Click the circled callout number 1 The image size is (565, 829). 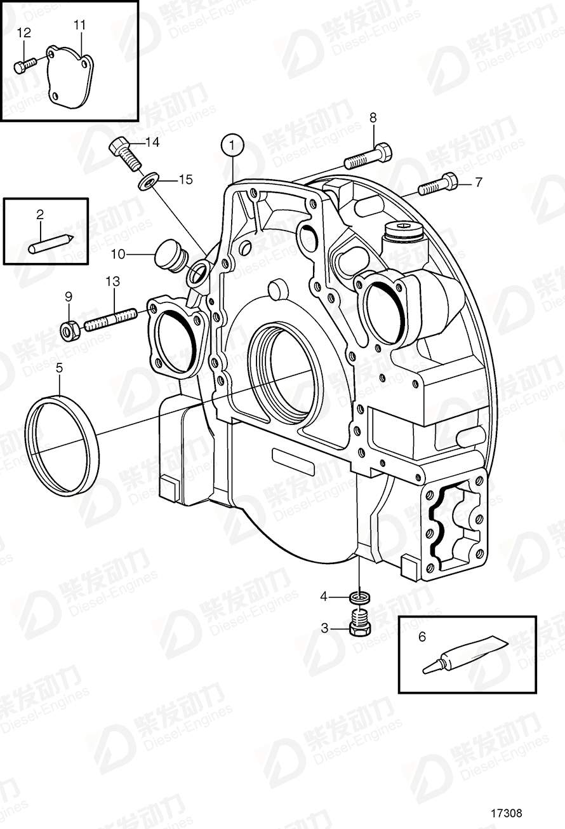pyautogui.click(x=232, y=145)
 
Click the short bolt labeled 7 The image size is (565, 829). pyautogui.click(x=439, y=184)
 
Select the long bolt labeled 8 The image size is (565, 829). pyautogui.click(x=368, y=156)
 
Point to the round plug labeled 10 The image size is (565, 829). pyautogui.click(x=169, y=254)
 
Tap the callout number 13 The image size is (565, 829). pyautogui.click(x=112, y=280)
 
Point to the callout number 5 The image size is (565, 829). pyautogui.click(x=59, y=367)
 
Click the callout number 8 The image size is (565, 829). pyautogui.click(x=373, y=117)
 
